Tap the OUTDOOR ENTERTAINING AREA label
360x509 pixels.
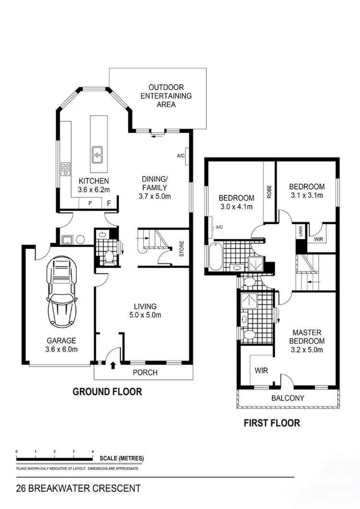point(166,96)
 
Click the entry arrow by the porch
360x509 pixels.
point(113,366)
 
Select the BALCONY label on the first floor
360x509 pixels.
point(288,398)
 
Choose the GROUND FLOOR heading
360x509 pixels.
point(107,392)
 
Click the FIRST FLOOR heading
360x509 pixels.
point(272,423)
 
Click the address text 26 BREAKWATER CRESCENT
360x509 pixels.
point(78,489)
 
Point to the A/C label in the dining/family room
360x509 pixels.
point(181,156)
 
